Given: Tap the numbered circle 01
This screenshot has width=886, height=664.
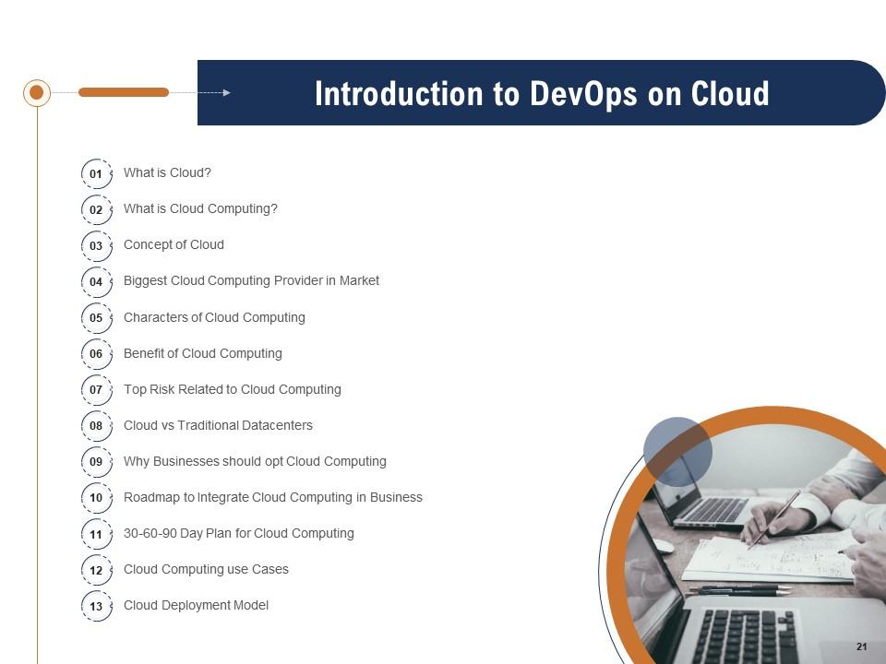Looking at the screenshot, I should [x=96, y=173].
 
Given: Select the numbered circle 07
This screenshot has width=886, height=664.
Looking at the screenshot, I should [x=96, y=390].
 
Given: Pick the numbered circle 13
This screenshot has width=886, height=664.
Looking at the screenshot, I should [x=96, y=607].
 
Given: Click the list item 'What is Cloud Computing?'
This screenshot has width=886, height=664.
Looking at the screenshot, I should [x=200, y=208].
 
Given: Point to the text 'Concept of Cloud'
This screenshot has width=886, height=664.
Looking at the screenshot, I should [x=174, y=244].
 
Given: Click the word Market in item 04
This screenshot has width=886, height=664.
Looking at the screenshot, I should [x=359, y=280].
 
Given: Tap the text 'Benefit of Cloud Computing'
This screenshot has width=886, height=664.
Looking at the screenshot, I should [x=203, y=353].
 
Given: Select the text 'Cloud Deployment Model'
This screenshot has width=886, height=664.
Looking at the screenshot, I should [x=196, y=605].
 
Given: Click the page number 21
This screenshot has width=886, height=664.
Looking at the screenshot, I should [x=861, y=646].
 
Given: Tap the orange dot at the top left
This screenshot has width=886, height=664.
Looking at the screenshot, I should [x=37, y=92].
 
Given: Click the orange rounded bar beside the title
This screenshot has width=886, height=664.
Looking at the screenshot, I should [x=124, y=92].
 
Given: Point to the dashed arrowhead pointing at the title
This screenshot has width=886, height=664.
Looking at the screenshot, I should [x=226, y=92].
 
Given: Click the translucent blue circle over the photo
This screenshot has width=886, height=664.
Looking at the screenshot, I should [x=677, y=451].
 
